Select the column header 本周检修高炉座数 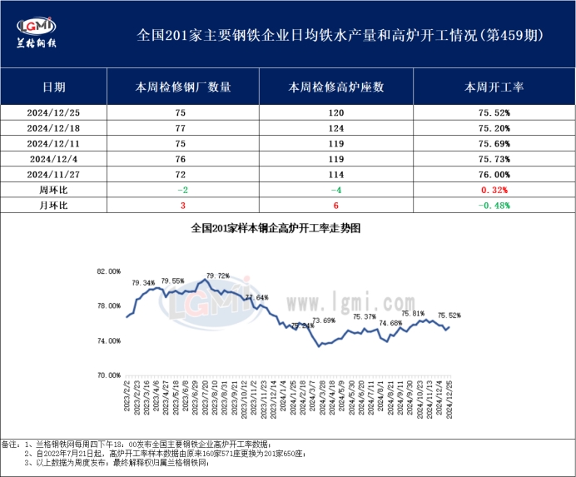click(x=335, y=87)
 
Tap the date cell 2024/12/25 click(x=54, y=112)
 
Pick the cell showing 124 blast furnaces click(x=335, y=127)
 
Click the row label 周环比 click(x=54, y=190)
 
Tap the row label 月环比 click(x=54, y=206)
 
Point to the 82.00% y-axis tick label click(x=109, y=271)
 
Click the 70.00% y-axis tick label click(x=109, y=375)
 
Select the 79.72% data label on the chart click(x=217, y=276)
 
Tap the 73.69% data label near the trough click(x=323, y=320)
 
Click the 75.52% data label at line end click(x=449, y=316)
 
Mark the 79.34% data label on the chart click(x=143, y=283)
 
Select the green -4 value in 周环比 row click(x=335, y=190)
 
